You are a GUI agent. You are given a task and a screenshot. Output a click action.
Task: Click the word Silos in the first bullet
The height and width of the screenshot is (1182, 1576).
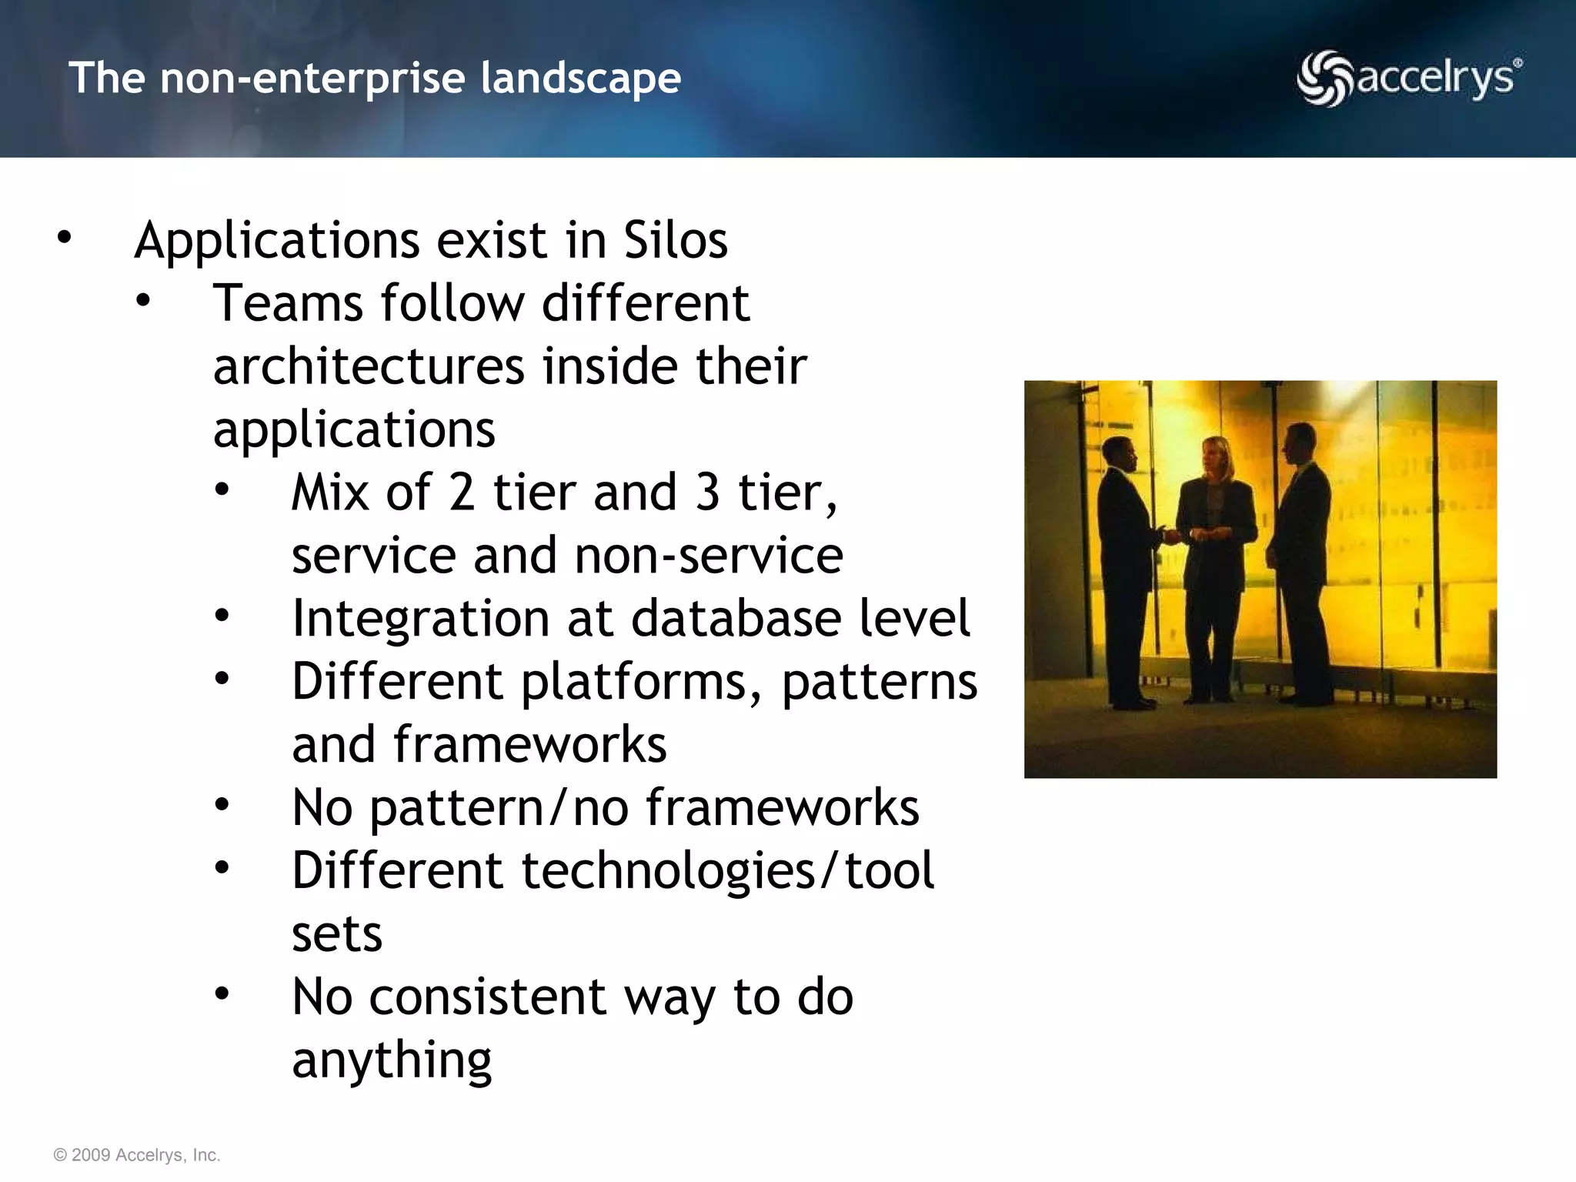click(x=675, y=240)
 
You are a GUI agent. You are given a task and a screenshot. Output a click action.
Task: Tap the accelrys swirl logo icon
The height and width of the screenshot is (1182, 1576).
click(x=1324, y=78)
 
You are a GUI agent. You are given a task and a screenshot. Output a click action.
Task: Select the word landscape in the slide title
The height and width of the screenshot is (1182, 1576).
click(x=581, y=78)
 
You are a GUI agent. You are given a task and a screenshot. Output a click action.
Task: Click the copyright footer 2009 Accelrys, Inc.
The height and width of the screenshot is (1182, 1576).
click(x=137, y=1155)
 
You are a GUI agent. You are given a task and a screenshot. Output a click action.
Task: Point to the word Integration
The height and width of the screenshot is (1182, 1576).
click(x=421, y=619)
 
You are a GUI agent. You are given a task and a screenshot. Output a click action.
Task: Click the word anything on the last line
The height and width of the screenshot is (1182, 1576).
click(x=392, y=1060)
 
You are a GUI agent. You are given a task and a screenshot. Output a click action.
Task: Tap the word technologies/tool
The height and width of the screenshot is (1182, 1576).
click(x=727, y=871)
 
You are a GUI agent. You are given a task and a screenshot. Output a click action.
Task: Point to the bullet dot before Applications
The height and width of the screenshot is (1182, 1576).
click(x=64, y=239)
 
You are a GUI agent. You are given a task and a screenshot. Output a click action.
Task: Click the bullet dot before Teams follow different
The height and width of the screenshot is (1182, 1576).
click(x=143, y=302)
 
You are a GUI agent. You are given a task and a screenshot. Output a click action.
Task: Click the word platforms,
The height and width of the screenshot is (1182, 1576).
click(x=642, y=683)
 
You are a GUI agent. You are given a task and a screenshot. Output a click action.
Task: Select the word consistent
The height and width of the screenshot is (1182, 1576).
click(x=488, y=997)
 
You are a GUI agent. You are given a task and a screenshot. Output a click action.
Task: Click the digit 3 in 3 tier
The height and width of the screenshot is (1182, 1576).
click(x=707, y=492)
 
